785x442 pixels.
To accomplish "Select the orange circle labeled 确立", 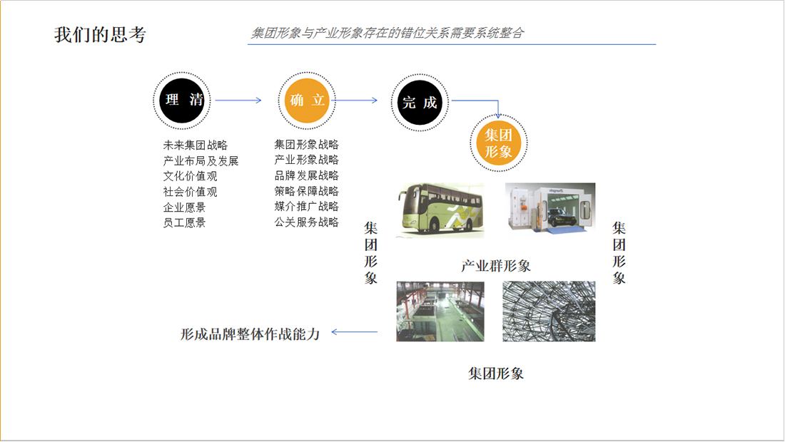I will [308, 101].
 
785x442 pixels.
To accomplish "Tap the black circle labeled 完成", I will [419, 102].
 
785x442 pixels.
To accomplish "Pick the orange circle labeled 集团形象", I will [499, 143].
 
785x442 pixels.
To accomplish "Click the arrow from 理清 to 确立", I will [238, 101].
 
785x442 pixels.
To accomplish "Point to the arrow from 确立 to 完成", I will [355, 101].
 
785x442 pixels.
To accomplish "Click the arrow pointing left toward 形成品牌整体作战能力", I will [355, 331].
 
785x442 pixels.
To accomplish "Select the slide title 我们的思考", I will [100, 35].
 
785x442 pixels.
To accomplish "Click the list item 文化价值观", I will [190, 176].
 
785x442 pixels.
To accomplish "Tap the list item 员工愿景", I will [184, 222].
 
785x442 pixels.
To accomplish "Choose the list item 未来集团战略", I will [196, 145].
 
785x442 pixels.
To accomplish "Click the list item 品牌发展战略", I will [306, 175].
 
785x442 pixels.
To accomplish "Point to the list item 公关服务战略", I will [306, 222].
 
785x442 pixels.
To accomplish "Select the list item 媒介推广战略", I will [306, 207].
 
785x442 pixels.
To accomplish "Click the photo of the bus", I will [440, 210].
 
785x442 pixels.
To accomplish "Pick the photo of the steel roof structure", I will [549, 312].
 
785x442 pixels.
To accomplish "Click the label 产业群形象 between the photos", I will [496, 267].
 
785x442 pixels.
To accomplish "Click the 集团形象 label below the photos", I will [496, 374].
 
